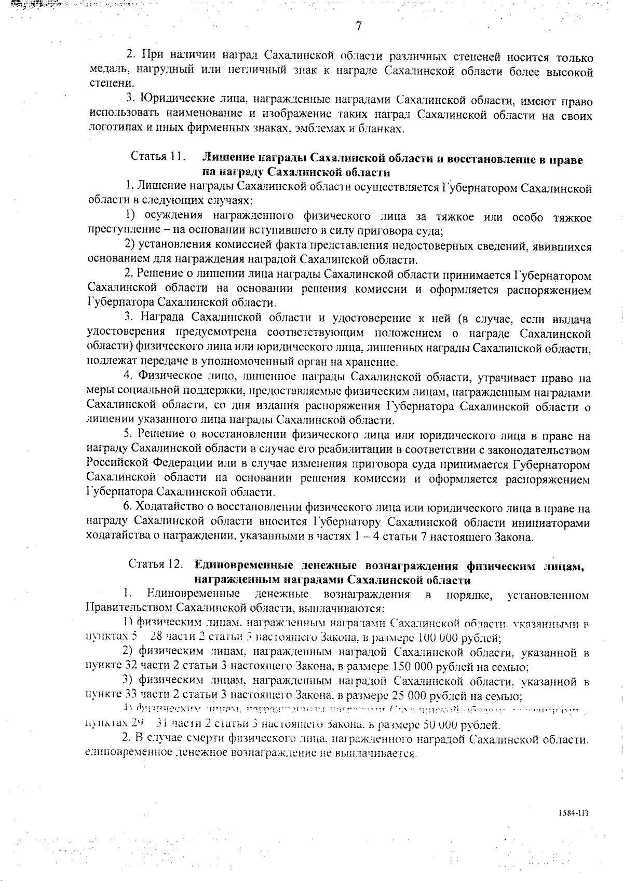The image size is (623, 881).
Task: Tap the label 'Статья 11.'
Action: [x=158, y=157]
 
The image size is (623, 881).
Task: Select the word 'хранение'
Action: [x=376, y=363]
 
